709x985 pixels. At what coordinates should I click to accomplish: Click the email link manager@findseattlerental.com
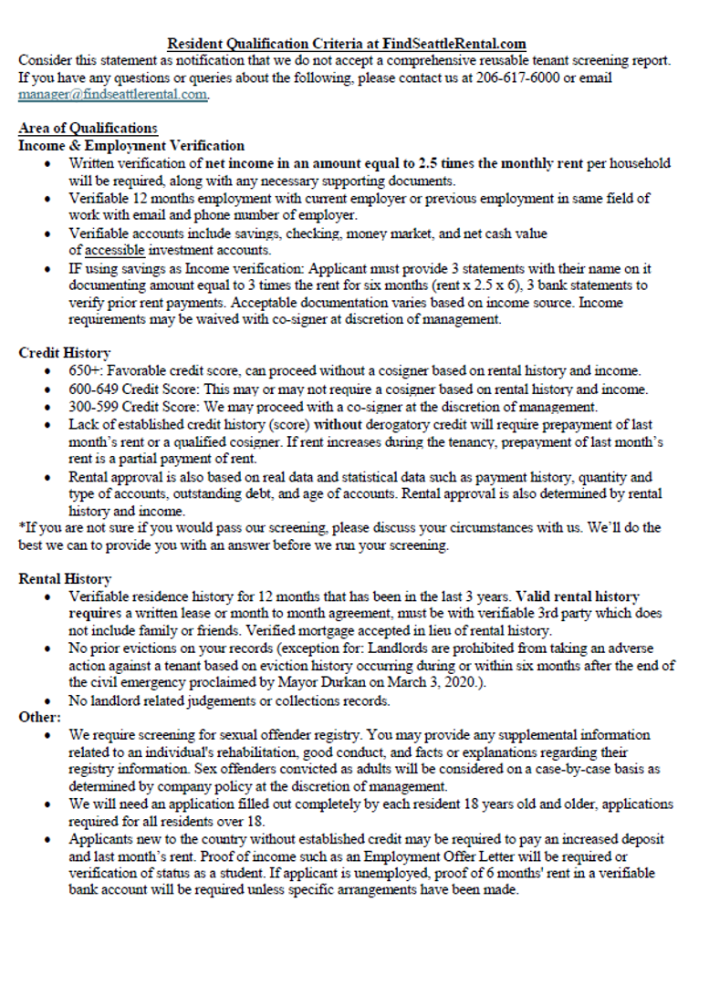[x=112, y=95]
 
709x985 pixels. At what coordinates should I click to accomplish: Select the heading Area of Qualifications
[x=88, y=129]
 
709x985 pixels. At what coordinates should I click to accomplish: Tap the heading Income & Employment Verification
[x=131, y=145]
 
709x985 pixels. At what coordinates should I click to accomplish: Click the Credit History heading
[x=65, y=352]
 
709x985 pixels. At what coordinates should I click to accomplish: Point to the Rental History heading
[x=65, y=578]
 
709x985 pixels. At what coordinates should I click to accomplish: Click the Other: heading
[x=39, y=717]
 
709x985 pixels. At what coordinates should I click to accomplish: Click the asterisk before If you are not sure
[x=22, y=528]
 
